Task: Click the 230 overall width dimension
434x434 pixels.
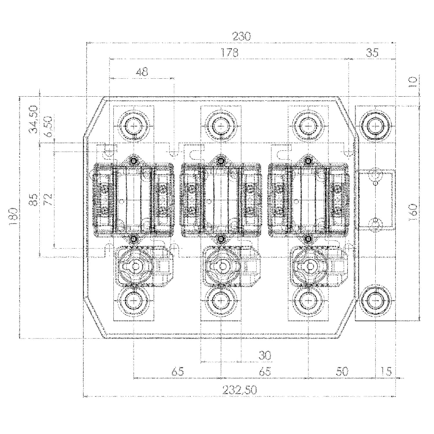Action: pos(241,37)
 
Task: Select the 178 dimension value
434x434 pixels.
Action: pos(230,53)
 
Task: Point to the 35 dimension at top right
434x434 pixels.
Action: pos(372,53)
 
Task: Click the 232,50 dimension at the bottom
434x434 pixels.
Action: pos(240,390)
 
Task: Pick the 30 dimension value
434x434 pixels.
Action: pos(264,355)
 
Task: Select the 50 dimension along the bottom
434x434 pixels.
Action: pos(342,371)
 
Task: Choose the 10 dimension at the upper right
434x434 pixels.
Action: pos(413,82)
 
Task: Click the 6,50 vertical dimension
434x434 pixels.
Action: pos(49,126)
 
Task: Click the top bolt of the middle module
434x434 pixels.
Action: pos(221,126)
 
